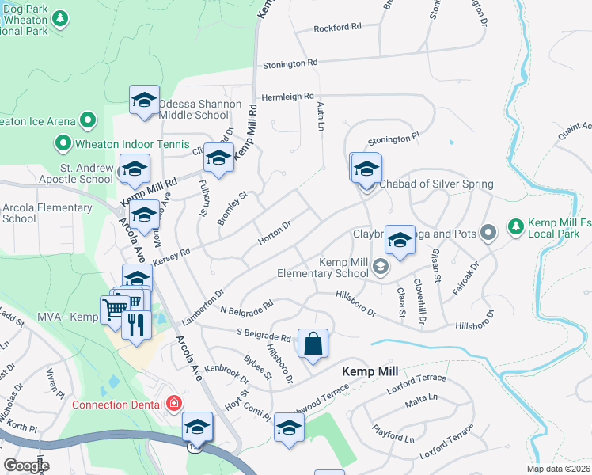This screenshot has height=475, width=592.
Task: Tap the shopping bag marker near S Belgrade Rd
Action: coord(313,344)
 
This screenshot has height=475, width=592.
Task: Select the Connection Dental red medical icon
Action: coord(173,405)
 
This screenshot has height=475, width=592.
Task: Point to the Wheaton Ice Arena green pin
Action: coord(87,121)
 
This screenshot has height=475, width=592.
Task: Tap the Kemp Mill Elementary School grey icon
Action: coord(381,268)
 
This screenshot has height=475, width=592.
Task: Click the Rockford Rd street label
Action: coord(337,27)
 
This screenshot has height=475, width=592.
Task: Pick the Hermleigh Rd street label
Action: coord(288,96)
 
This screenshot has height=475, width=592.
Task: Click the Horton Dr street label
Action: coord(275,232)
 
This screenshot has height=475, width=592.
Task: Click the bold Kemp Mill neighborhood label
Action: coord(370,371)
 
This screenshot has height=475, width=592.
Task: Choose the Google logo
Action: coord(26,465)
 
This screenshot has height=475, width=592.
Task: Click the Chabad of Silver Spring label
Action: coord(436,184)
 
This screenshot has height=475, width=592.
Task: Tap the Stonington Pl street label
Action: coord(393,139)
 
